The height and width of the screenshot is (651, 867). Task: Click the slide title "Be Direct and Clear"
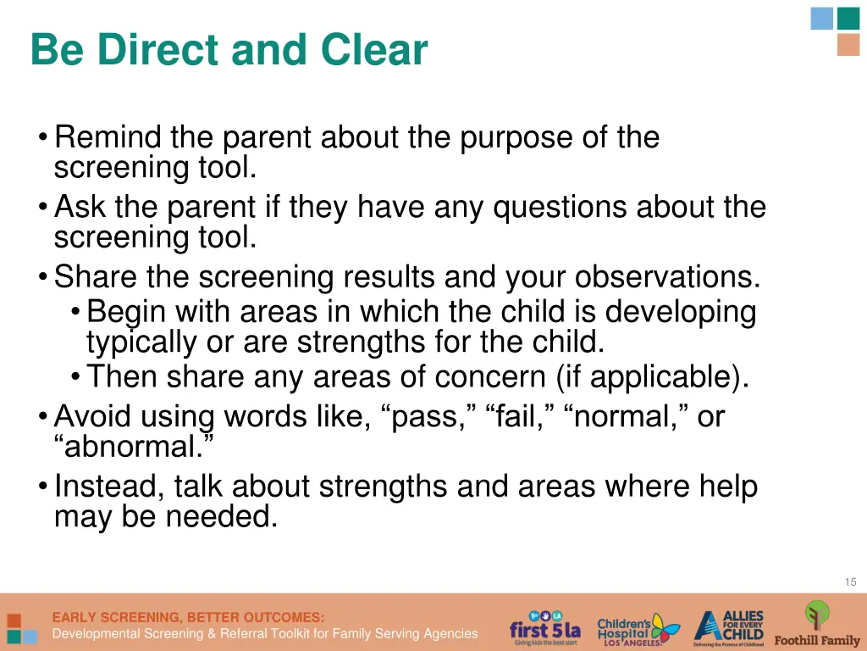(229, 50)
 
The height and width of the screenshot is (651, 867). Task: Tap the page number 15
(850, 581)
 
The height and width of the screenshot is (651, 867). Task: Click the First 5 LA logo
(544, 629)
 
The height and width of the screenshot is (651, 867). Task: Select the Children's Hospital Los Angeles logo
(638, 630)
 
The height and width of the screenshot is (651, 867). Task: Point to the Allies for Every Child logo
(729, 628)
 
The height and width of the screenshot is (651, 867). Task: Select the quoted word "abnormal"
(132, 447)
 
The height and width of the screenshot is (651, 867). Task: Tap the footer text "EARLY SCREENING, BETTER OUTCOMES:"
(188, 617)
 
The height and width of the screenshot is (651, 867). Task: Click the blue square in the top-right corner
(821, 19)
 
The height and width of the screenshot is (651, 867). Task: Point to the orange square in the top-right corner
(848, 45)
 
